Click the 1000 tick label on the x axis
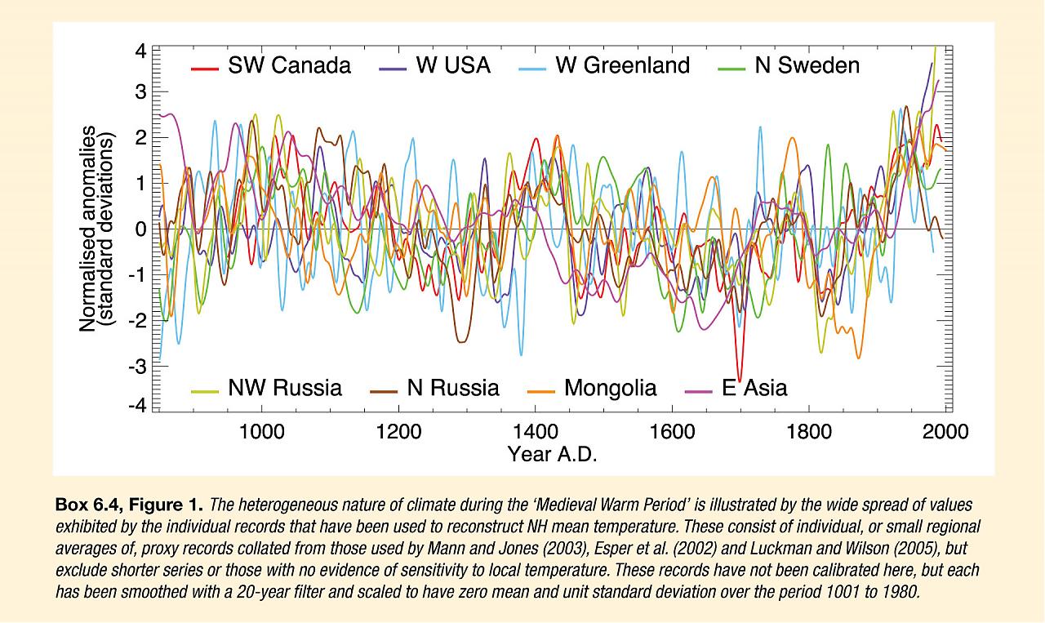[x=261, y=430]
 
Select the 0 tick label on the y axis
[x=140, y=229]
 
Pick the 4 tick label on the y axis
[x=140, y=51]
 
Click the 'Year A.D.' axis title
[x=552, y=454]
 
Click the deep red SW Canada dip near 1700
[x=739, y=377]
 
